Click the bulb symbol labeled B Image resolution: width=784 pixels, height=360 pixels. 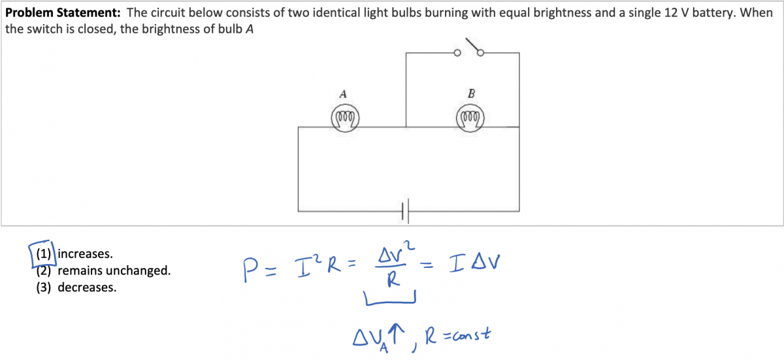[x=470, y=118]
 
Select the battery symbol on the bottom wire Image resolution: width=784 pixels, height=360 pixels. [x=405, y=211]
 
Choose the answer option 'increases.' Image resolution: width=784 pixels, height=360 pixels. [x=85, y=253]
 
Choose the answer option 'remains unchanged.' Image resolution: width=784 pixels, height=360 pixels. [x=114, y=270]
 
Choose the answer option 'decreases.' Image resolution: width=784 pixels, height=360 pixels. [x=87, y=287]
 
